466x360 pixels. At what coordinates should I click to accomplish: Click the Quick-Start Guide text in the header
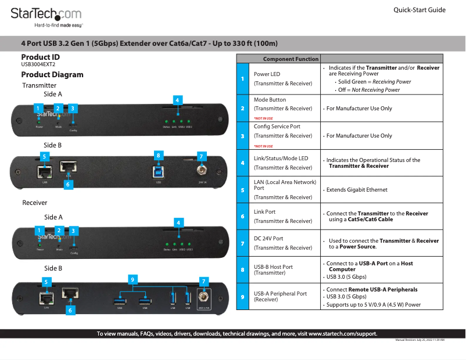point(420,10)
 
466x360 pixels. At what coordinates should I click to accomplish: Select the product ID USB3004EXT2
point(42,64)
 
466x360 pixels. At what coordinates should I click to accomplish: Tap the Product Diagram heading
point(52,74)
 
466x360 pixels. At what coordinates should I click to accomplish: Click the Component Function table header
point(291,59)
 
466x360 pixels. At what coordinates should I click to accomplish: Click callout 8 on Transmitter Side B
point(158,155)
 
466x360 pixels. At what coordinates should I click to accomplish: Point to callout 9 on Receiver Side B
point(132,279)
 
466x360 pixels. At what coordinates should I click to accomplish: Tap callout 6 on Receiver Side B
point(70,310)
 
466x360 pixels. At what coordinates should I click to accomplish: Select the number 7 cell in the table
point(242,243)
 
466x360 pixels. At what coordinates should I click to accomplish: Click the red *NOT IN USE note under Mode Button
point(263,118)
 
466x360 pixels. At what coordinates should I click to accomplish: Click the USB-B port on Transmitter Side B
point(158,171)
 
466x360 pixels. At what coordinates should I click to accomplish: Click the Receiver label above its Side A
point(35,203)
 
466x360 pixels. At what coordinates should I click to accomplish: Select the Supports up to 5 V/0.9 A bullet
point(373,304)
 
